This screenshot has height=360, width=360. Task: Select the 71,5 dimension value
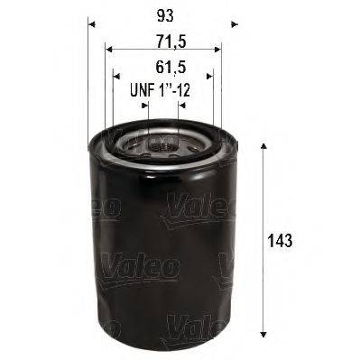coord(163,42)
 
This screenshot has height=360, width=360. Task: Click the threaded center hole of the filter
coord(162,144)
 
